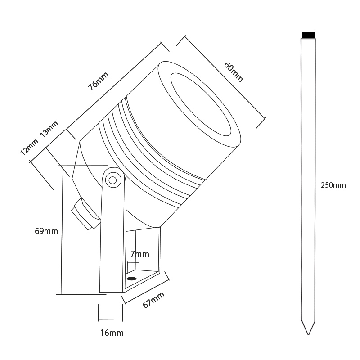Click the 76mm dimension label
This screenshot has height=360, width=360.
(x=98, y=81)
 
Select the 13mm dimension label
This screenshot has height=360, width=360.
(x=49, y=129)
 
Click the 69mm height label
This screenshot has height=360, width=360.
(x=46, y=231)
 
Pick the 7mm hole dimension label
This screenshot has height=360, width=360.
(x=139, y=254)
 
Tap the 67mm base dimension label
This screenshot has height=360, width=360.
(x=153, y=300)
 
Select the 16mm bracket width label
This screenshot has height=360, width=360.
(x=111, y=333)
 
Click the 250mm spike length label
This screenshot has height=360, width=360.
(x=333, y=185)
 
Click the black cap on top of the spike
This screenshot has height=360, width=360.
(x=308, y=35)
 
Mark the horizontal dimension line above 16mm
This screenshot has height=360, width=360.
(x=110, y=320)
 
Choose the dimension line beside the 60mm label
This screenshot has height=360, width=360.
(x=220, y=79)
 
